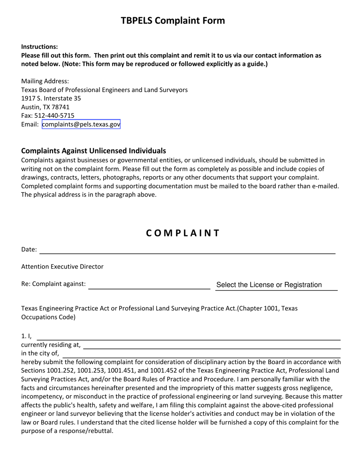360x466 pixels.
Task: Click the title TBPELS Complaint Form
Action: pyautogui.click(x=173, y=20)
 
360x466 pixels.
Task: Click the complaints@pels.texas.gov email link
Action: pyautogui.click(x=81, y=124)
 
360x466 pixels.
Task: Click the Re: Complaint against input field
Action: pyautogui.click(x=149, y=285)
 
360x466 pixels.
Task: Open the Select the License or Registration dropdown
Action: pyautogui.click(x=276, y=285)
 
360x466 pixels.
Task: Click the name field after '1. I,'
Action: pyautogui.click(x=188, y=336)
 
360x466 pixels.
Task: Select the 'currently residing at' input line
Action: pyautogui.click(x=211, y=345)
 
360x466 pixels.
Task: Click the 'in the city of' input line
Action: pyautogui.click(x=201, y=353)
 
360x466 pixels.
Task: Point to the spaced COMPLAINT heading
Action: pyautogui.click(x=183, y=233)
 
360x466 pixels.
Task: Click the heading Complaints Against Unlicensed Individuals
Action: pyautogui.click(x=94, y=150)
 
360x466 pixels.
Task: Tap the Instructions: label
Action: pyautogui.click(x=39, y=47)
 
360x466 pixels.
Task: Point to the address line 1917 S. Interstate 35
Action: pyautogui.click(x=51, y=99)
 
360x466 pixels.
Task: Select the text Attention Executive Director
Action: pyautogui.click(x=62, y=267)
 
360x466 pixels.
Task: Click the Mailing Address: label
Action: pyautogui.click(x=45, y=81)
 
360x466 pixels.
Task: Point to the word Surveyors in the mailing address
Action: pyautogui.click(x=173, y=90)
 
